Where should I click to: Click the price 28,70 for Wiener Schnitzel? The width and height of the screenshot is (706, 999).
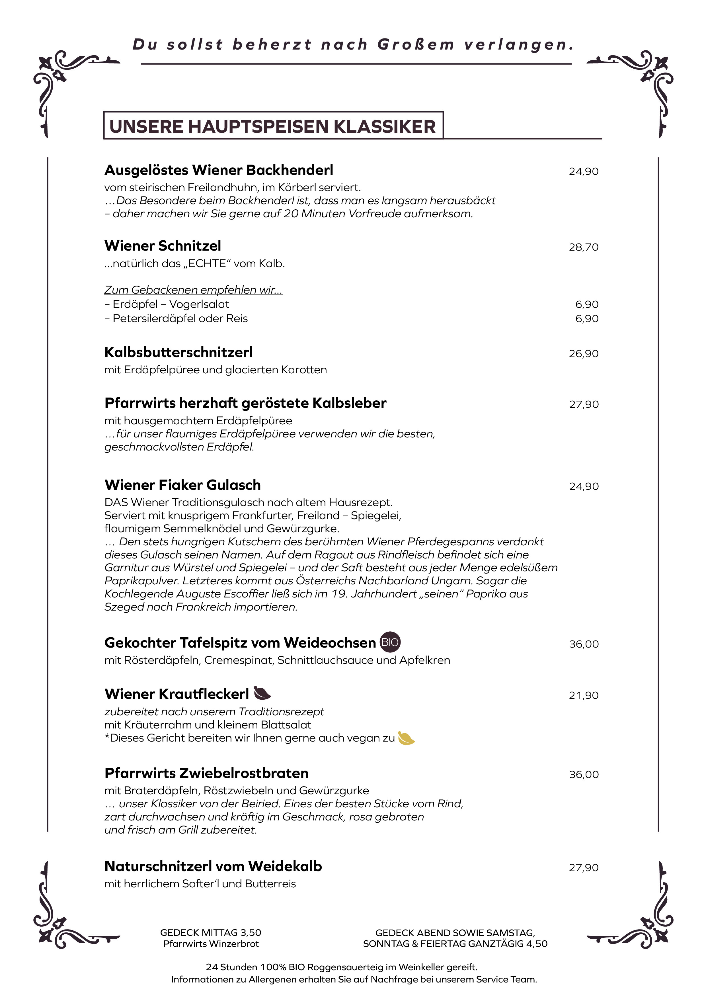[x=583, y=247]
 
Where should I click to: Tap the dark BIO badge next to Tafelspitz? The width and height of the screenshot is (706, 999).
[x=390, y=642]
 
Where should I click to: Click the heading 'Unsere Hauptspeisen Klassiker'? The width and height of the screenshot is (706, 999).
[x=273, y=126]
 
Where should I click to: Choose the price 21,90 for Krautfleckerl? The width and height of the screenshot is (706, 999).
[x=583, y=695]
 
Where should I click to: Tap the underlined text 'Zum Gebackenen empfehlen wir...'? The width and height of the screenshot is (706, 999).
[x=193, y=290]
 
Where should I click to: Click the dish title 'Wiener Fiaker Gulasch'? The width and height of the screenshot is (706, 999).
[x=183, y=485]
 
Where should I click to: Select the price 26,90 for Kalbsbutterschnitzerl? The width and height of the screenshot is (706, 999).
[x=583, y=354]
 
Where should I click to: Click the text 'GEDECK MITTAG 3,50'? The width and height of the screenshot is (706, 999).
[x=211, y=932]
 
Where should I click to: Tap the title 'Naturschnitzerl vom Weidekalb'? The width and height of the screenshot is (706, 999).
[x=213, y=866]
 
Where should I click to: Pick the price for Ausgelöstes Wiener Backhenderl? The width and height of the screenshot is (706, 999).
[x=583, y=171]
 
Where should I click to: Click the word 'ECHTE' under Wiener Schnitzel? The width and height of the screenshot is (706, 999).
[x=207, y=264]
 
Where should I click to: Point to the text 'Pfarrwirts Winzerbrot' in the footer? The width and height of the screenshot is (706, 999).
[x=211, y=944]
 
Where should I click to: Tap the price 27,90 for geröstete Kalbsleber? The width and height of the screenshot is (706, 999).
[x=583, y=404]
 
